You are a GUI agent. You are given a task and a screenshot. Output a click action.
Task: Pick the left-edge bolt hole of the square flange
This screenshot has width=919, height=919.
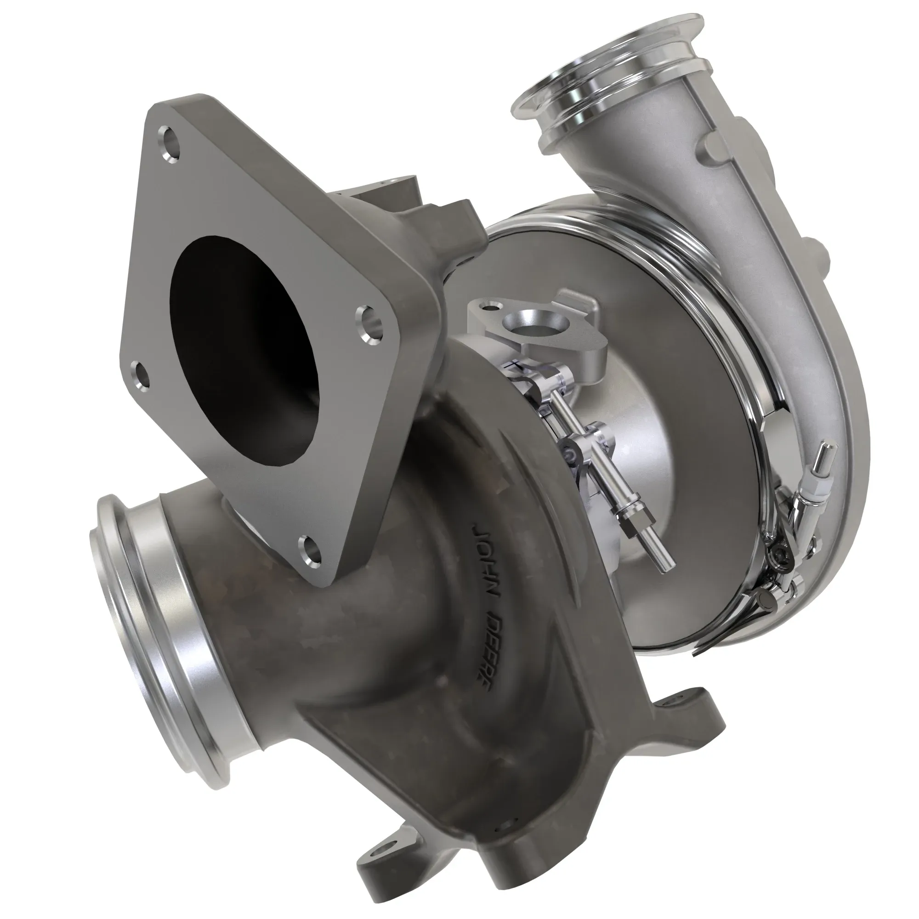click(141, 374)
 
